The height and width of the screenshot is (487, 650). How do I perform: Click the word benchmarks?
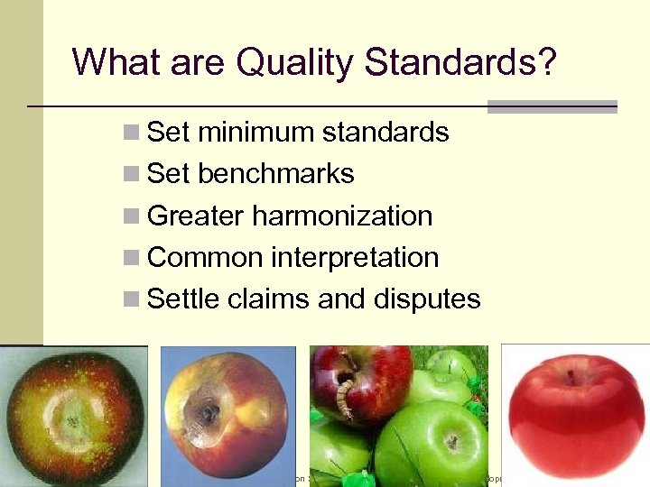(275, 173)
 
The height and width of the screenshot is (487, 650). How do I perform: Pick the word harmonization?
(343, 216)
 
